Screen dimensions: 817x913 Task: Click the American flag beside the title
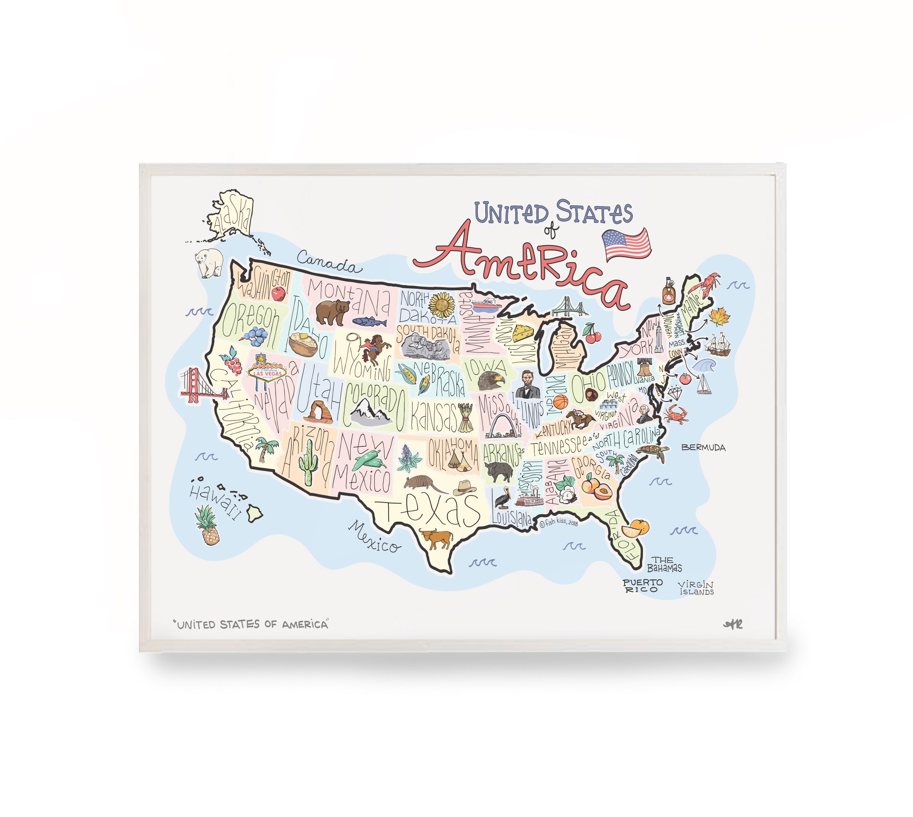click(x=626, y=244)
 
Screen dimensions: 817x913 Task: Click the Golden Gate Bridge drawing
click(x=201, y=386)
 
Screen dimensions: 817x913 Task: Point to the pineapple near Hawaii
click(x=207, y=525)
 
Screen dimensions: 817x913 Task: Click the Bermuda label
click(x=703, y=447)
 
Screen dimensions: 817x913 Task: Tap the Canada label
click(x=329, y=263)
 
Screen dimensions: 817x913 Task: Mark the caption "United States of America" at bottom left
click(x=251, y=624)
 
